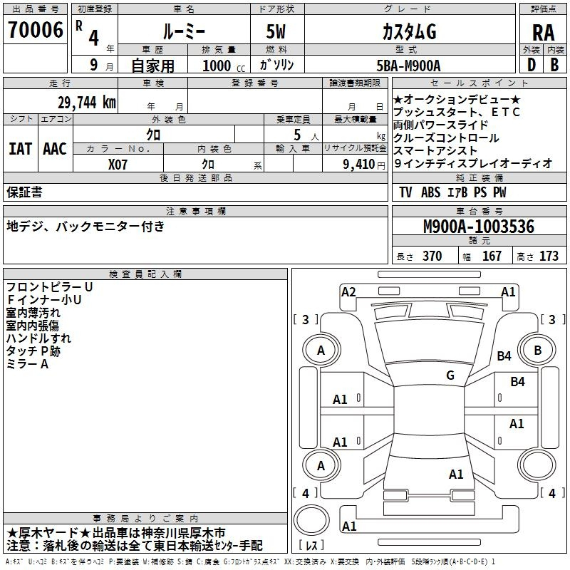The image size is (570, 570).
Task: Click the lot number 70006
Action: pos(35,30)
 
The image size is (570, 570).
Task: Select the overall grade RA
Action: pos(544,33)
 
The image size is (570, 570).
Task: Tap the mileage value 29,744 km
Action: pos(87,103)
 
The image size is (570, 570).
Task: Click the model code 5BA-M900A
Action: pos(408,66)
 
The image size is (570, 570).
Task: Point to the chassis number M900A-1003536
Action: pos(479,227)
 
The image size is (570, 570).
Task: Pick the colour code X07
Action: pos(118,165)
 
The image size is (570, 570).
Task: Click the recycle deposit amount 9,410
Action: pos(359,165)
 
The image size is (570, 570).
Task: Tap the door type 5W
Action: pos(276,31)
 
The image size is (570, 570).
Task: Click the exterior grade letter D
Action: pos(532,65)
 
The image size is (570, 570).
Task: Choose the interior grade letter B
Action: pos(554,65)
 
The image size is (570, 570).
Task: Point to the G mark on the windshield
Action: pos(450,375)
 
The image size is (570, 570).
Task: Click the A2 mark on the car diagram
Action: pos(348,292)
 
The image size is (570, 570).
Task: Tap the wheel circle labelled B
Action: pos(537,350)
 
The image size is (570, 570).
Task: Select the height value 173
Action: pos(549,256)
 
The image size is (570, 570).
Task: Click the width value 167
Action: pos(492,256)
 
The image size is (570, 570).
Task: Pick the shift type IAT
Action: pos(21,149)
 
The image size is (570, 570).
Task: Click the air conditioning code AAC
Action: pos(55,149)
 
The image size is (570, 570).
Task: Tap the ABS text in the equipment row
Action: pos(430,192)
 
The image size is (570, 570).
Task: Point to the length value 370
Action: pos(432,256)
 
